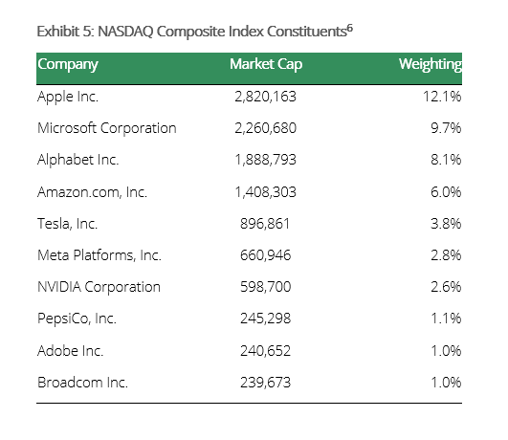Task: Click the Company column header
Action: tap(68, 65)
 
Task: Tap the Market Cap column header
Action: tap(266, 64)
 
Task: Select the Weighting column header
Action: tap(431, 65)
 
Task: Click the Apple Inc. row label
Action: tap(68, 97)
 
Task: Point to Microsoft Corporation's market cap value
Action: tap(265, 128)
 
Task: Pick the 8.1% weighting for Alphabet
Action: tap(446, 160)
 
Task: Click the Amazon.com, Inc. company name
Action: tap(93, 192)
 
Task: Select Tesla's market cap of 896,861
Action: tap(265, 224)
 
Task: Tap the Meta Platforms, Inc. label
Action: tap(99, 255)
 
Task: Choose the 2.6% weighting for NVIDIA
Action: tap(446, 287)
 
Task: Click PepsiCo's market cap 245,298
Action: tap(265, 319)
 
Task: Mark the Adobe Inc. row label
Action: tap(70, 351)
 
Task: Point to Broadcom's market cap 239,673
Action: tap(265, 383)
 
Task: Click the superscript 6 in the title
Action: tap(350, 29)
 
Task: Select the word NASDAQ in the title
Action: tap(125, 32)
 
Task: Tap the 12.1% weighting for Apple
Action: tap(442, 97)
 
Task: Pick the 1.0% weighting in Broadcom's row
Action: tap(446, 383)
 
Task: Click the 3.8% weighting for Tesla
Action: tap(446, 224)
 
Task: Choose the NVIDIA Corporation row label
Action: tap(99, 287)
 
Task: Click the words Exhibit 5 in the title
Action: tap(65, 32)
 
